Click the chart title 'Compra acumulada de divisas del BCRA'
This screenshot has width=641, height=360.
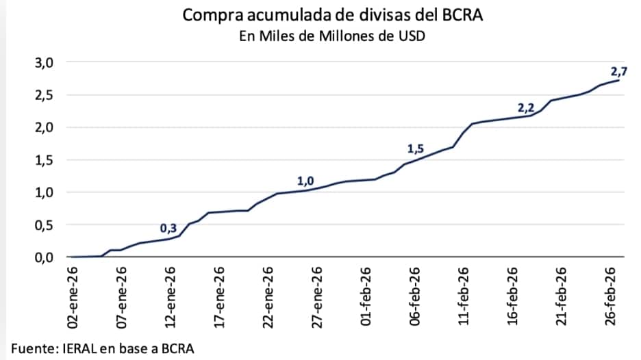(x=333, y=15)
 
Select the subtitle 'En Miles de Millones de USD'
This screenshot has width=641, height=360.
(x=332, y=36)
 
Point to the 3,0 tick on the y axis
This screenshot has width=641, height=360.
(x=44, y=63)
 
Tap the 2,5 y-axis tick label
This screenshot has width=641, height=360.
(x=44, y=95)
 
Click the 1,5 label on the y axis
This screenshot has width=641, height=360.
(x=44, y=160)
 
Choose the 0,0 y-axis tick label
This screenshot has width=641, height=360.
(x=44, y=257)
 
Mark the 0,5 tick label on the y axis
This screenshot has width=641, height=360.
(x=44, y=225)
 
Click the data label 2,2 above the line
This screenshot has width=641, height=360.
(x=525, y=107)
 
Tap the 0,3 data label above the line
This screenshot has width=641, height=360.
(x=168, y=228)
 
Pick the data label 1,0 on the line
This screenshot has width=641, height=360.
(x=305, y=181)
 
